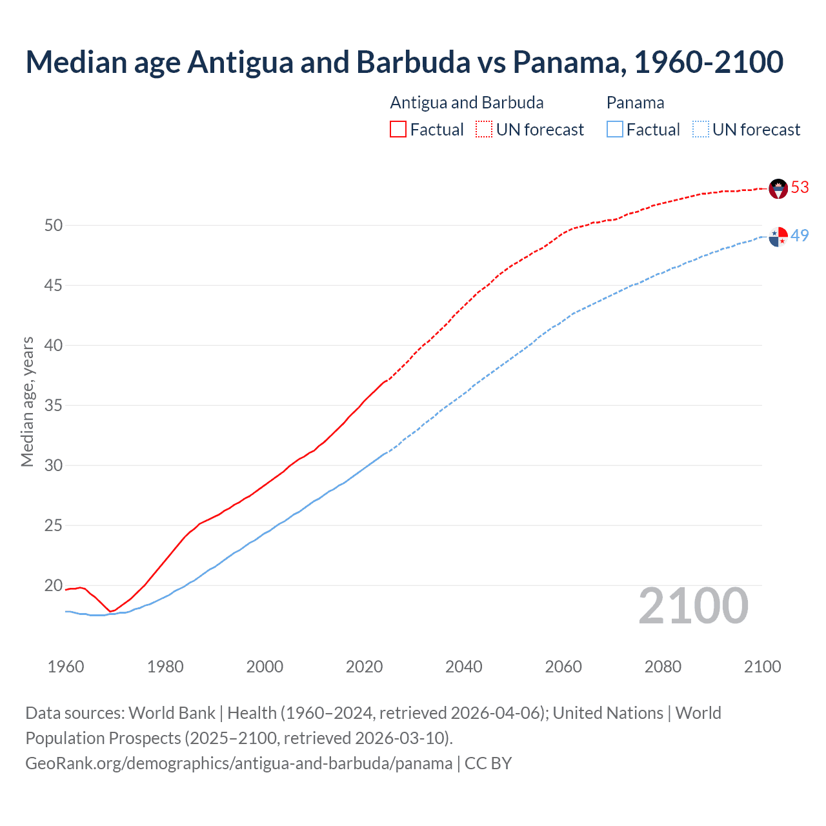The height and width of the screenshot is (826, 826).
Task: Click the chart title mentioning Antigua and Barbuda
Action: click(x=404, y=62)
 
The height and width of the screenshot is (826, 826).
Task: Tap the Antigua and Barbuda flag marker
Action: click(x=778, y=188)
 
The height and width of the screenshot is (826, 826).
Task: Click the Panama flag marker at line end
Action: click(x=778, y=236)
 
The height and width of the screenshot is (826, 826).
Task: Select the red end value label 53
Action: click(x=800, y=187)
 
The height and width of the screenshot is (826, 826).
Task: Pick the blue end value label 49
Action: click(x=800, y=236)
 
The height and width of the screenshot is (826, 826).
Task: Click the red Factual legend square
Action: click(x=398, y=129)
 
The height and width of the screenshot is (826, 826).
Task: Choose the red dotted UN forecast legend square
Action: click(x=484, y=129)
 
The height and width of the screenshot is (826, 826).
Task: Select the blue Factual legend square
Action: click(x=615, y=129)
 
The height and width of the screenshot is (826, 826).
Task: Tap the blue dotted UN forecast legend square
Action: click(x=700, y=129)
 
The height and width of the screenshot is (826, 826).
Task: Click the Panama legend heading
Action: click(x=635, y=103)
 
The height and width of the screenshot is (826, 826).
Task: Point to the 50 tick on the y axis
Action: click(x=54, y=225)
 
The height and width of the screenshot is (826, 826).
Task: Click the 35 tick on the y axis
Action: click(x=54, y=405)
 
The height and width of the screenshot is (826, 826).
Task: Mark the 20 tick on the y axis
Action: click(x=54, y=585)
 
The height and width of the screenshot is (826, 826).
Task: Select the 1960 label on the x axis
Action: click(x=66, y=667)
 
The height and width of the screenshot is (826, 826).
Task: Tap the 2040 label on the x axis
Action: click(x=463, y=667)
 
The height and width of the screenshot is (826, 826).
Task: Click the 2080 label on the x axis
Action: click(x=663, y=667)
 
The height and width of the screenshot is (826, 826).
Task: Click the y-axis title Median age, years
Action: click(x=27, y=401)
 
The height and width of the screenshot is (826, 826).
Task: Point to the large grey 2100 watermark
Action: click(x=693, y=607)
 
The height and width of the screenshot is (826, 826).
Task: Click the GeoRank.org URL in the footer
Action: click(x=239, y=763)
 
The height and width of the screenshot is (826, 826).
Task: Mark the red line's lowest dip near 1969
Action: click(x=110, y=611)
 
